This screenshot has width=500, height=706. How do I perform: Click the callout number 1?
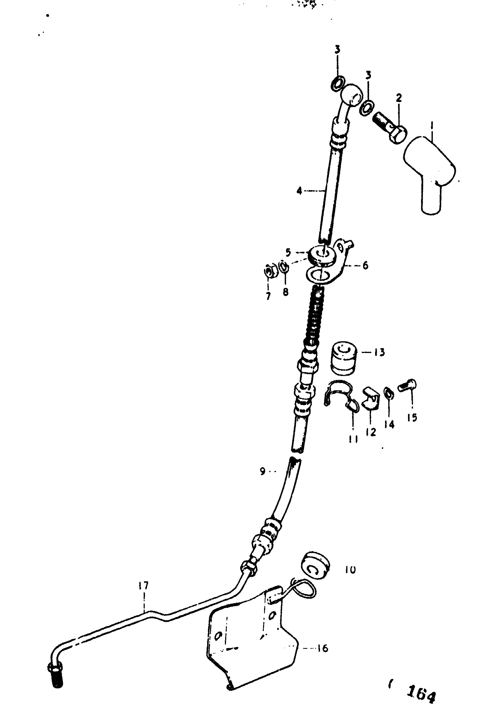432,126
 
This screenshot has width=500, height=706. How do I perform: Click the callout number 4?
299,191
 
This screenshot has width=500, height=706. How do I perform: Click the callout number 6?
365,265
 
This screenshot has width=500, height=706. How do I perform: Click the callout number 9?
263,471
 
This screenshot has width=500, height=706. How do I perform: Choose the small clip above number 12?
370,399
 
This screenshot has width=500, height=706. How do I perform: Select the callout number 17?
144,585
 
